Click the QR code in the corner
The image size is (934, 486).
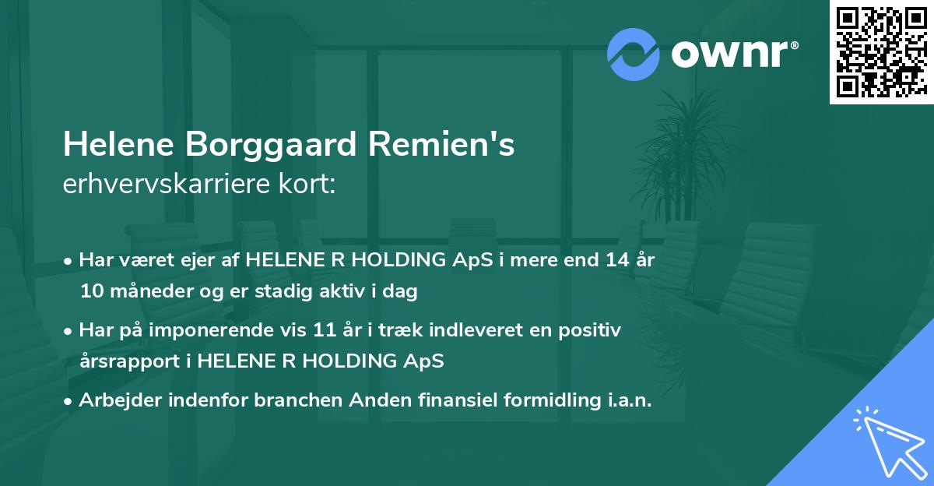click(x=881, y=52)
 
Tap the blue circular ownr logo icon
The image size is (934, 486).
click(x=633, y=53)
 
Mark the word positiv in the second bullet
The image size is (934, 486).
click(x=594, y=330)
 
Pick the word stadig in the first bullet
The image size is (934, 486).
click(x=311, y=292)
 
